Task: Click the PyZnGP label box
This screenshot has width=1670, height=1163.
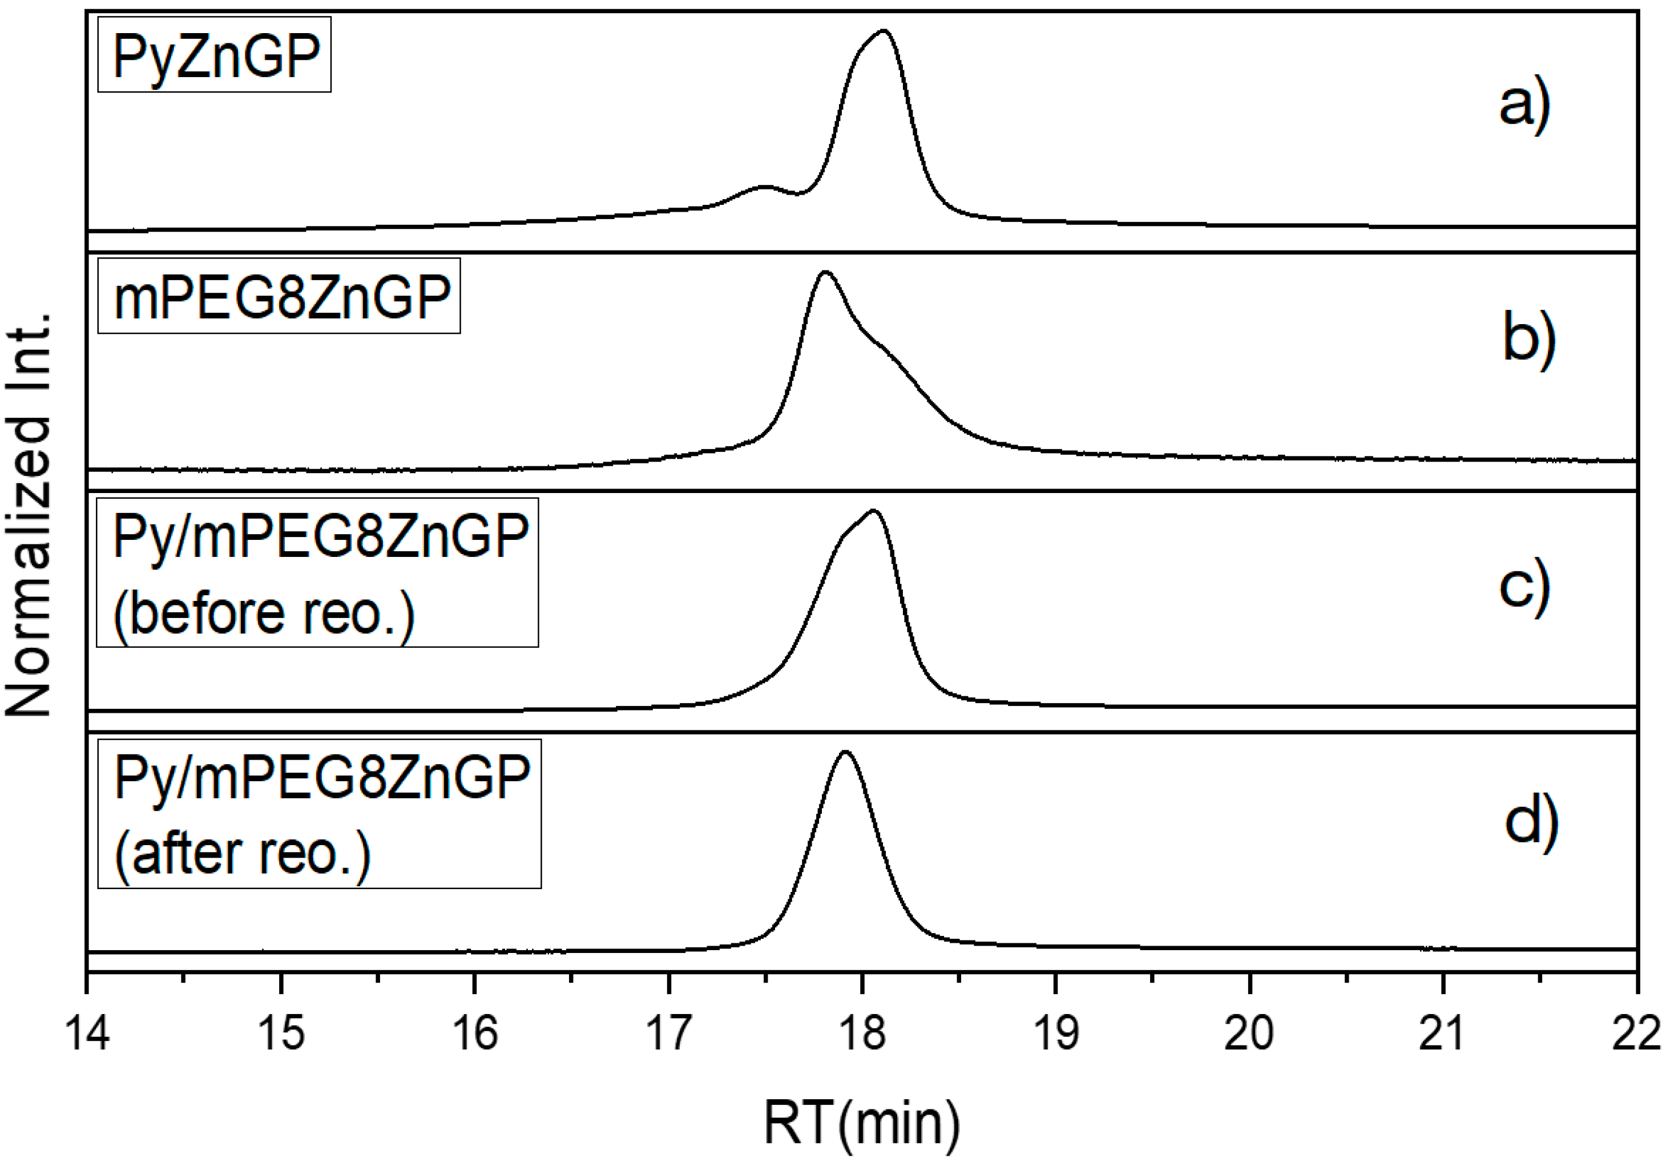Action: click(215, 55)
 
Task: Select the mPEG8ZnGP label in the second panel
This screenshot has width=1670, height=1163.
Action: click(279, 297)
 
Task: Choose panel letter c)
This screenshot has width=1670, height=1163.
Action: click(1524, 585)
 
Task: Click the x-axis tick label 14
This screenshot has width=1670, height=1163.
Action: click(87, 1033)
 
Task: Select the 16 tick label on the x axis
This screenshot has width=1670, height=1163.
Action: click(475, 1033)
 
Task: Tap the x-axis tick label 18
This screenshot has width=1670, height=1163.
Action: click(862, 1033)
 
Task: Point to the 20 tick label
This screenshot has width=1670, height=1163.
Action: click(1249, 1033)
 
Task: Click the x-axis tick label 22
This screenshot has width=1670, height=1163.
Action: click(1636, 1033)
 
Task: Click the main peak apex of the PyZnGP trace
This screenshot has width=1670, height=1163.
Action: click(883, 31)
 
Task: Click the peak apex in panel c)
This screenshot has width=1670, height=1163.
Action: click(873, 511)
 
